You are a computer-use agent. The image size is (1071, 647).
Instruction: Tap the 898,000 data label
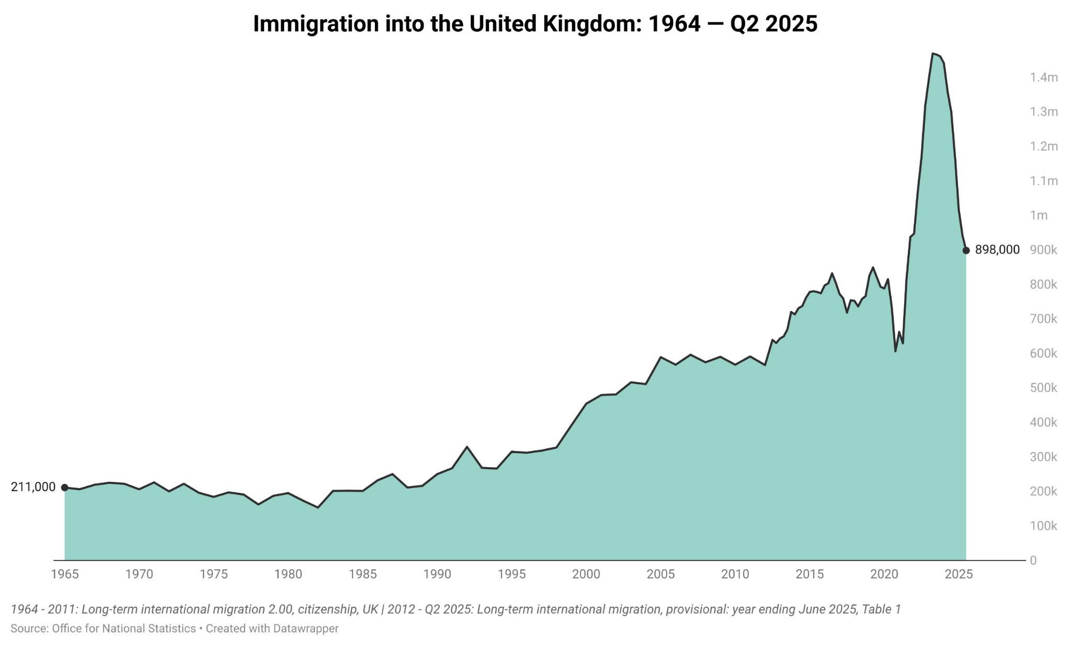[997, 250]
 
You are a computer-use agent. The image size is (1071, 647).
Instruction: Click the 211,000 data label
[33, 487]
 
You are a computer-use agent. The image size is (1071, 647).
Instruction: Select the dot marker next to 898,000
[966, 250]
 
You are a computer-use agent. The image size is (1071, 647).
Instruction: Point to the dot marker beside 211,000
[65, 488]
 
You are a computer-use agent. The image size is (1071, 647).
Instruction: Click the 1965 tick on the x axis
[65, 574]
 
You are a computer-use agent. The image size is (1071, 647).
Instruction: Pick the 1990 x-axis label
[437, 574]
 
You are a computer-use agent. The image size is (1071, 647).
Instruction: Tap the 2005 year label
[660, 574]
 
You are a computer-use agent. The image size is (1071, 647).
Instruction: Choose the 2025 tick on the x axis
[959, 574]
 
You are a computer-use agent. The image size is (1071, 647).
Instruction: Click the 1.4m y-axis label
[1043, 78]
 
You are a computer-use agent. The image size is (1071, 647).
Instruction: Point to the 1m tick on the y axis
[1039, 215]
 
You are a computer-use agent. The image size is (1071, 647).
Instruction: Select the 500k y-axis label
[1043, 388]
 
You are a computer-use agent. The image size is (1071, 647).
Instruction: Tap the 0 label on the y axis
[1033, 561]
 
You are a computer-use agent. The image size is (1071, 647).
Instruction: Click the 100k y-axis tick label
[1043, 526]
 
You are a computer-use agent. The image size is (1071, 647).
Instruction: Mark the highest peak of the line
[933, 53]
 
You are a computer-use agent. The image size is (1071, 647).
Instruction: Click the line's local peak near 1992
[466, 447]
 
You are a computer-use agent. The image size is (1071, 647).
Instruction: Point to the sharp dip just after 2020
[895, 351]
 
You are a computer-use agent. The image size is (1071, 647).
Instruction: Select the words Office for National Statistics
[123, 629]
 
